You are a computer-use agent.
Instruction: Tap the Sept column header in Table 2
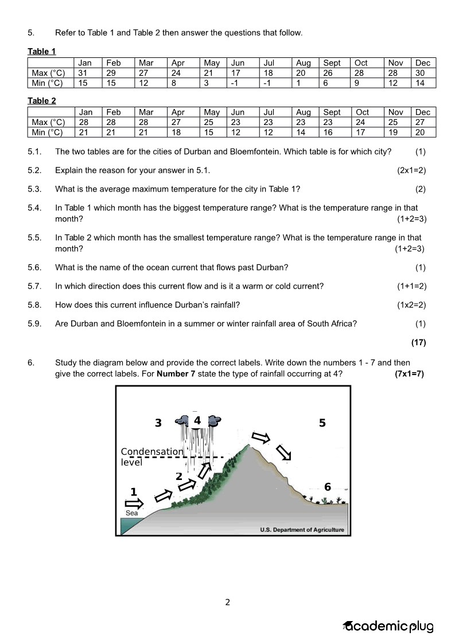coord(332,112)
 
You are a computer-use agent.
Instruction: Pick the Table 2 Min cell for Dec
coord(420,132)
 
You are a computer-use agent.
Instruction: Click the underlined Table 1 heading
coord(42,52)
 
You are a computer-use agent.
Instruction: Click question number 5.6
coord(34,267)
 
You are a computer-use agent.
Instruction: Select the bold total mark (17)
coord(418,342)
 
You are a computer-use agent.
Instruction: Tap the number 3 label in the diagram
coord(158,423)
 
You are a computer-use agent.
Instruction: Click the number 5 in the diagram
coord(322,423)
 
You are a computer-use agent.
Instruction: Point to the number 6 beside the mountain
coord(328,487)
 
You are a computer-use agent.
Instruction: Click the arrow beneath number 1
coord(134,504)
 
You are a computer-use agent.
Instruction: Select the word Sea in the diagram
coord(132,513)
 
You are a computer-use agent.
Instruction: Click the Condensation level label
coord(151,456)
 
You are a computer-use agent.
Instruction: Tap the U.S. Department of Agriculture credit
coord(302,530)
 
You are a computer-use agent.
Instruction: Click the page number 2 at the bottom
coord(228,602)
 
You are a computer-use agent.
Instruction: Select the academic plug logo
coord(388,626)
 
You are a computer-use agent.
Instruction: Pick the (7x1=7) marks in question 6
coord(409,374)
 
